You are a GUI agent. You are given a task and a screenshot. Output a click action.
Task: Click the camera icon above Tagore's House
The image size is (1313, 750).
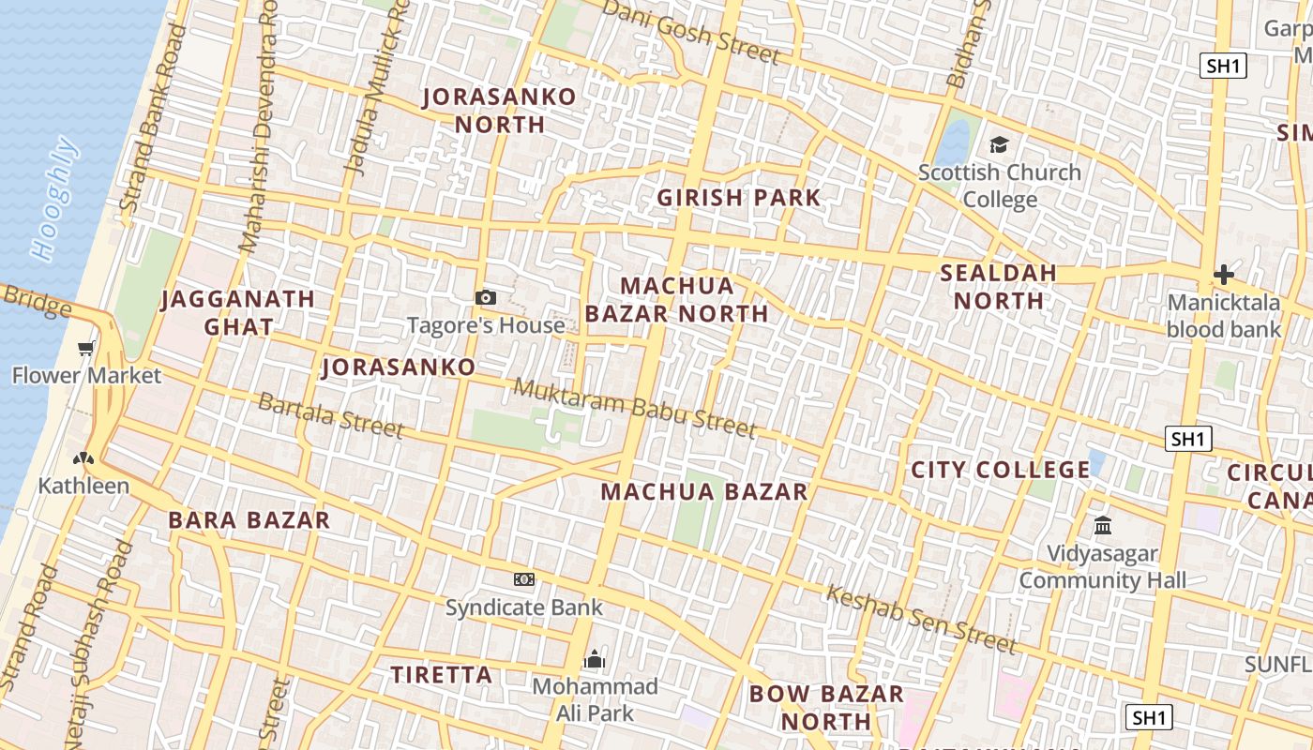[x=486, y=298]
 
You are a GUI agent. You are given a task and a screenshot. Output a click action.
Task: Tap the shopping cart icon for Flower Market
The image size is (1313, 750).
[x=86, y=349]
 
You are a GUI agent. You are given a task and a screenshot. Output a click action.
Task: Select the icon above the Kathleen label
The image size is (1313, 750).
[x=83, y=458]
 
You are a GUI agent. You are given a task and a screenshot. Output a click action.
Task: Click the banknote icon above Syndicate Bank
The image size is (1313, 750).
[x=524, y=579]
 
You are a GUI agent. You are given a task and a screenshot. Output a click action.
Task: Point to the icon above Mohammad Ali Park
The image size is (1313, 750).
[x=595, y=660]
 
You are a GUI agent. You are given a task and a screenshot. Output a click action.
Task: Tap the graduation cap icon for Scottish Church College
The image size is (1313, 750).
[x=999, y=145]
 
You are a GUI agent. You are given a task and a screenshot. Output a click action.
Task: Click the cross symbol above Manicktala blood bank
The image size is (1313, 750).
[x=1223, y=275]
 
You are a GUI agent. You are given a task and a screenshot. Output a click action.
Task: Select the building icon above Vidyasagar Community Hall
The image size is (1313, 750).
[x=1103, y=525]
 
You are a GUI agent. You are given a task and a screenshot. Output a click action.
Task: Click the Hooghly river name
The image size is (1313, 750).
[x=53, y=198]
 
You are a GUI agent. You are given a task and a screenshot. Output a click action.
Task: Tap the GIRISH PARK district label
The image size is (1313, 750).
[x=739, y=198]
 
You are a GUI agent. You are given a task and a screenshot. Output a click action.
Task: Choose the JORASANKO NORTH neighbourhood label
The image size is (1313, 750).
[x=499, y=111]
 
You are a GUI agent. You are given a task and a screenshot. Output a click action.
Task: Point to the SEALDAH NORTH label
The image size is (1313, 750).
[x=999, y=287]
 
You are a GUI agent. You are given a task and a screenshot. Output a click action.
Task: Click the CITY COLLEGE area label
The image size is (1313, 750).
[x=1001, y=470]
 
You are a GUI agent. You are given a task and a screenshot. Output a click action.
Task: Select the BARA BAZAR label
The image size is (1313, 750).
[x=249, y=520]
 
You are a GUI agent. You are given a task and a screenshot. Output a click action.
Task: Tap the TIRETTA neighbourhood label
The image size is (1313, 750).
[x=442, y=675]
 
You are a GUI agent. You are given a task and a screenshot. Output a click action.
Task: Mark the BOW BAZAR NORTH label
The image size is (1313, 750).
[x=826, y=708]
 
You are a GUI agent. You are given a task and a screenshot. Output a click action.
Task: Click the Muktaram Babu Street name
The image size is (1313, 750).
[x=635, y=408]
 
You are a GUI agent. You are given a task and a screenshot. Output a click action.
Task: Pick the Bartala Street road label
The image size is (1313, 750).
[x=330, y=415]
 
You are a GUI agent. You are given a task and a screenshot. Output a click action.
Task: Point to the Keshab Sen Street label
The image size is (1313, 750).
[x=921, y=619]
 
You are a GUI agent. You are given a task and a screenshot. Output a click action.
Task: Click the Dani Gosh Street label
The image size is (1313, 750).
[x=691, y=31]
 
